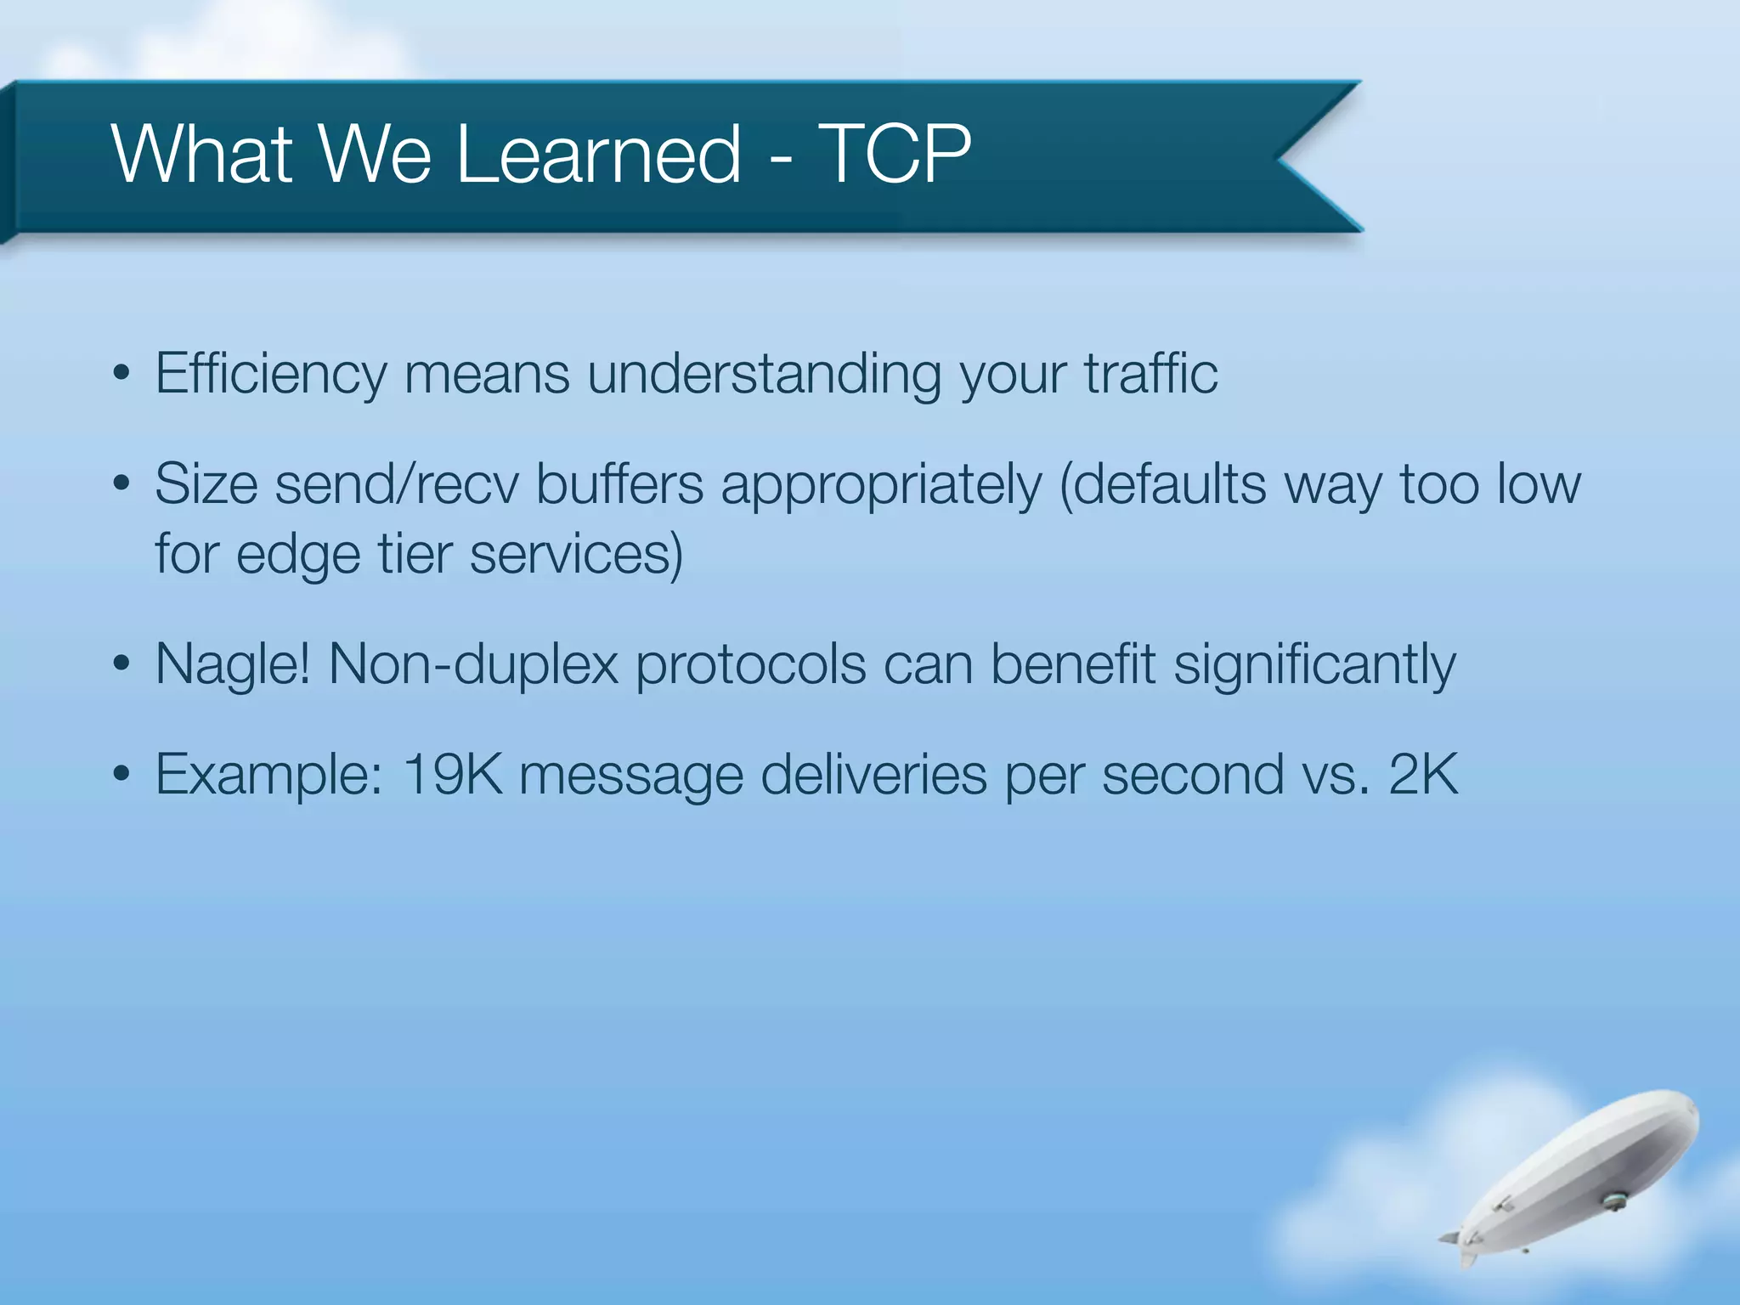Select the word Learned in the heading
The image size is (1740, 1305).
(599, 154)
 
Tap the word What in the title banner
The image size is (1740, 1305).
(202, 154)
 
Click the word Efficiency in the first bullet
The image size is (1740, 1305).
(270, 375)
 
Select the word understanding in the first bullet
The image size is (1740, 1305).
(763, 375)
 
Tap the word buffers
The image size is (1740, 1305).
(619, 485)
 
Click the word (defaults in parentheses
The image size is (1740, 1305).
(1162, 485)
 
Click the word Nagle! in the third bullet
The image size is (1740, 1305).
(233, 665)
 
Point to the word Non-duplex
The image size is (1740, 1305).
(473, 665)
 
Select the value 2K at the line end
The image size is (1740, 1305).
(1423, 775)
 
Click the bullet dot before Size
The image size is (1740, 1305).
(121, 485)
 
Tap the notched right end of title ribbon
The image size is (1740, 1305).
(1317, 157)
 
